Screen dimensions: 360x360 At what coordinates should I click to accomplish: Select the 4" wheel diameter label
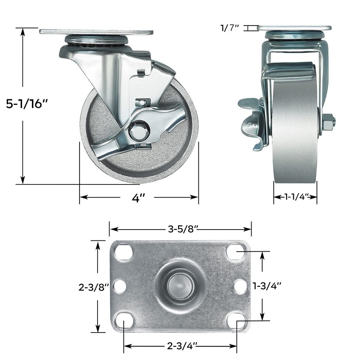click(x=138, y=198)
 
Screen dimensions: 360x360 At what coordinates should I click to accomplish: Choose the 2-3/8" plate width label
click(x=93, y=287)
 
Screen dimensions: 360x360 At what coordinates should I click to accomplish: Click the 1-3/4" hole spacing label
click(x=267, y=286)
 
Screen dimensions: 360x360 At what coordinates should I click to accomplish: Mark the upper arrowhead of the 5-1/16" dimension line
click(x=23, y=31)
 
